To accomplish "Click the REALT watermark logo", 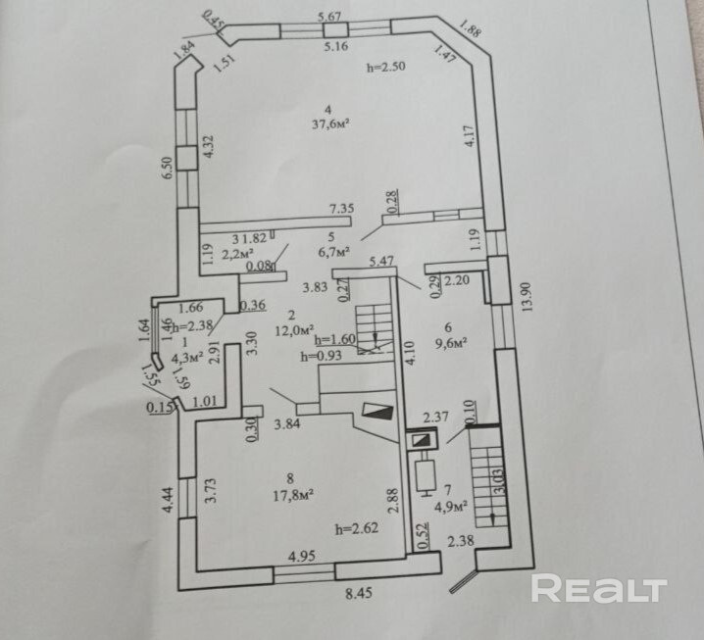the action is click(x=599, y=588).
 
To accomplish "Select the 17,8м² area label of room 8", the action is click(x=292, y=496).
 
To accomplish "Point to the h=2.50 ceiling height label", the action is click(x=385, y=67).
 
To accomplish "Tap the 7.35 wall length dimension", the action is click(x=340, y=208).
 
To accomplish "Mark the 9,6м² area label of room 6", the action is click(x=454, y=343).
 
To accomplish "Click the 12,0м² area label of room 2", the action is click(x=294, y=329).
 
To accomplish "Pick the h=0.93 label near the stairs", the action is click(x=321, y=356).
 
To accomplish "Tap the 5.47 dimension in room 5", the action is click(x=381, y=262).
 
